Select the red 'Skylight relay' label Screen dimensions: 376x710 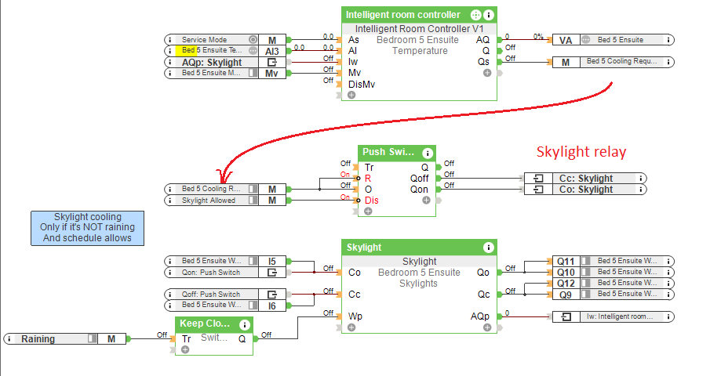coord(581,152)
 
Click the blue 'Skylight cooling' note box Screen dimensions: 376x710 coord(87,227)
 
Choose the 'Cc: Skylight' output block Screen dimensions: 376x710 coord(585,179)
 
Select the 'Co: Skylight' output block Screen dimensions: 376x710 coord(585,190)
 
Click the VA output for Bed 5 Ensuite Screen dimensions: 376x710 coord(611,39)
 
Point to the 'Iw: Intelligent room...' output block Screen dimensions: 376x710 coord(611,316)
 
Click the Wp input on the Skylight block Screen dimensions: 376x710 coord(355,316)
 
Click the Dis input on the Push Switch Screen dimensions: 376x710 coord(371,201)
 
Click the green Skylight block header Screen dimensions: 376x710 coord(420,248)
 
